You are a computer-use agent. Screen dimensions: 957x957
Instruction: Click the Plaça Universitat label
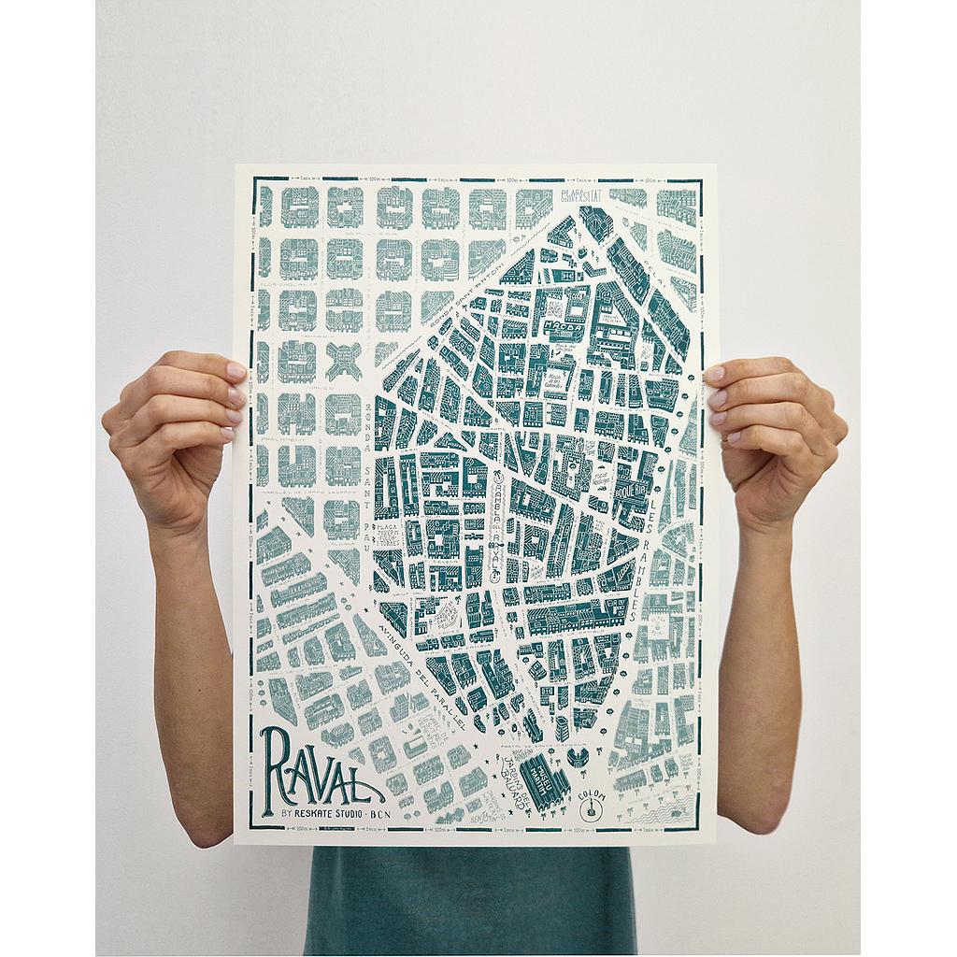point(580,196)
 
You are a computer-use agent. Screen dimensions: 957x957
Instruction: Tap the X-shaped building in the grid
point(345,359)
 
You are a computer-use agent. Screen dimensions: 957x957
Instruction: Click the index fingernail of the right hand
point(714,375)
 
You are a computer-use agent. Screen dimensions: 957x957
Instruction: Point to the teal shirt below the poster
point(467,897)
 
